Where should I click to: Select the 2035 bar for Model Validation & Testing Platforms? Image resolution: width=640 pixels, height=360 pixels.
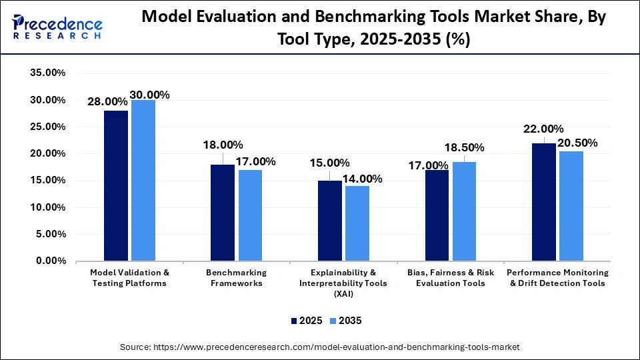tap(143, 180)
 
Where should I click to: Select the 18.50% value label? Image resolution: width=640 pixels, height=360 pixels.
tap(465, 147)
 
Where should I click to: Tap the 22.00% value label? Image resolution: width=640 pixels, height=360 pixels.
tap(544, 129)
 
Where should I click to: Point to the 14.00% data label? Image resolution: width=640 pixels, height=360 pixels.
tap(363, 179)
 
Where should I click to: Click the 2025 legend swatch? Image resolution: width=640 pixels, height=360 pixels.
tap(294, 321)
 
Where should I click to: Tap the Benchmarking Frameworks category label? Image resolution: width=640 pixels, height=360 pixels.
tap(236, 278)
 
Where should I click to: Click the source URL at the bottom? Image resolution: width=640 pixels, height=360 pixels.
tap(319, 347)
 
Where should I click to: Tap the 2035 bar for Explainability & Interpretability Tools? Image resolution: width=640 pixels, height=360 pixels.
tap(357, 223)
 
